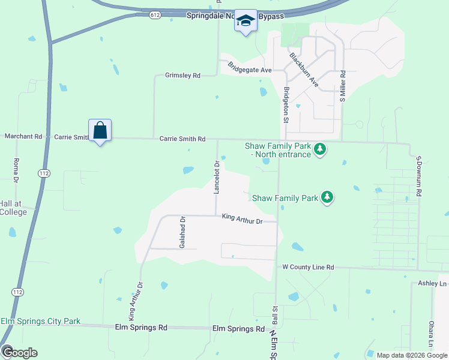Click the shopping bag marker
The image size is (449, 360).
(100, 130)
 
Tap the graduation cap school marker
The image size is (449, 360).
(245, 21)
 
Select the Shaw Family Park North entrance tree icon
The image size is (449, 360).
(320, 148)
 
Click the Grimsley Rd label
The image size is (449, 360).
(182, 76)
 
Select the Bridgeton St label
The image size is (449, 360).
(286, 104)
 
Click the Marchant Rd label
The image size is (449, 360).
(23, 137)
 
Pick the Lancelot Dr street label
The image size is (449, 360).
(217, 177)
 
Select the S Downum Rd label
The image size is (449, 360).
(419, 176)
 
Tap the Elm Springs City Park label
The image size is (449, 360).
(40, 322)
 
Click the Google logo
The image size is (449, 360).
(19, 353)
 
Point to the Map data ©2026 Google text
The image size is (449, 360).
(412, 355)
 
